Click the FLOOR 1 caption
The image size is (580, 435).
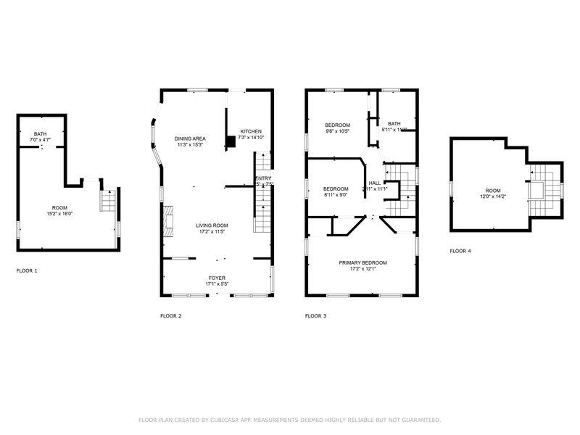[27, 271]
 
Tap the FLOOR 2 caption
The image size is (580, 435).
[170, 316]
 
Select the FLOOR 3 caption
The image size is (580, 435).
[315, 316]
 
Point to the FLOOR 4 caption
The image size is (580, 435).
[460, 251]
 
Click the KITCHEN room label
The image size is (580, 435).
[252, 131]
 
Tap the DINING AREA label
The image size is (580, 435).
[189, 138]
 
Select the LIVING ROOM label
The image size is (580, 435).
[212, 225]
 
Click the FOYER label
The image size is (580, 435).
[217, 278]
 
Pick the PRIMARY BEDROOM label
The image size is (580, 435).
[362, 262]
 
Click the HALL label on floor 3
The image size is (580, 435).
[375, 183]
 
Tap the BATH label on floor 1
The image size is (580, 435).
[39, 133]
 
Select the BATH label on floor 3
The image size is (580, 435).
[394, 124]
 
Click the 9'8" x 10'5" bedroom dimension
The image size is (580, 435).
[337, 131]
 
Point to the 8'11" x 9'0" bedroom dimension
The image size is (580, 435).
[336, 195]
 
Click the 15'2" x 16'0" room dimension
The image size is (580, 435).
[60, 214]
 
